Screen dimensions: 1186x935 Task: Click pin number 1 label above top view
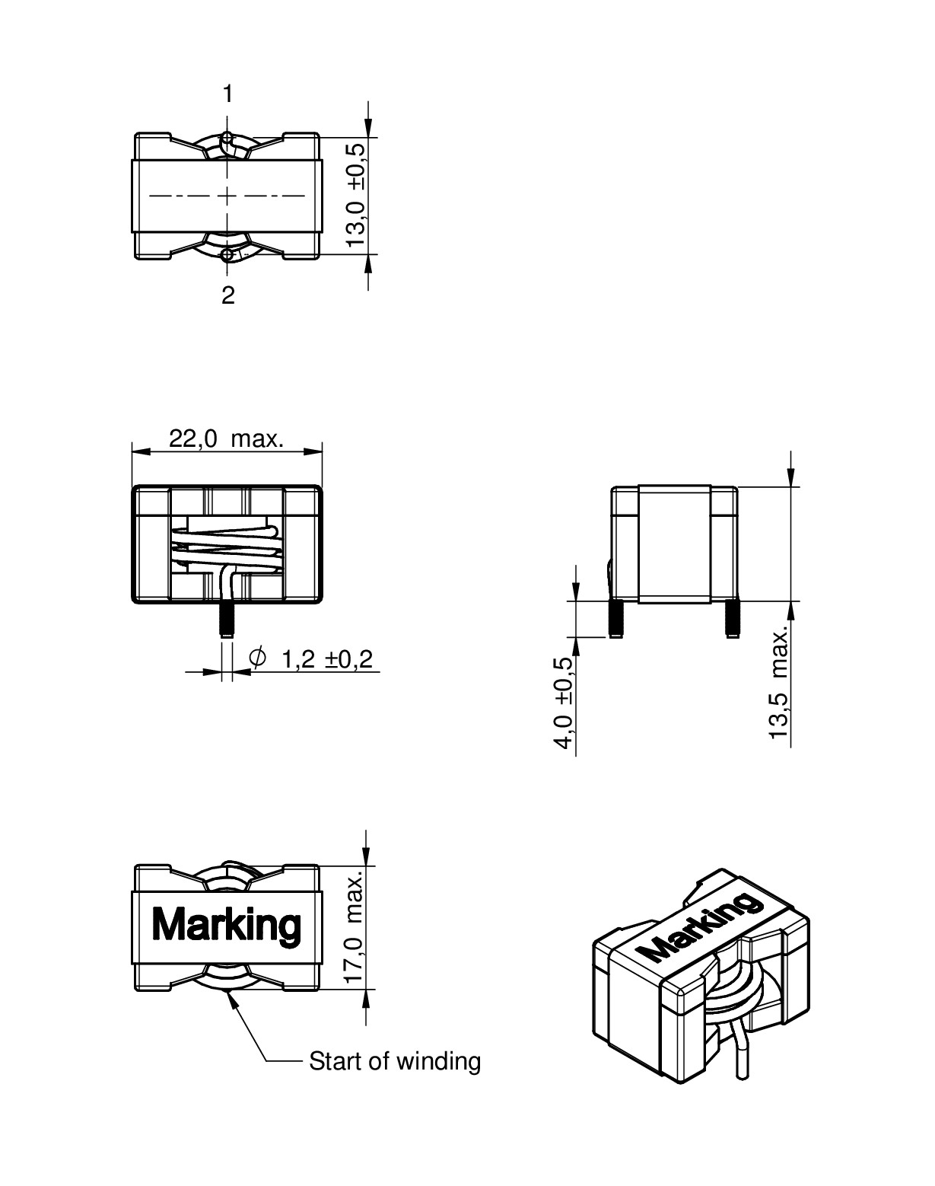coord(227,94)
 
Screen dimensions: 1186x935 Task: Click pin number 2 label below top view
coord(228,296)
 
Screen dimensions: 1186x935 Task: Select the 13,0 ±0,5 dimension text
coord(356,195)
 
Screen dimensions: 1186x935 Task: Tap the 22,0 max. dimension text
coord(227,439)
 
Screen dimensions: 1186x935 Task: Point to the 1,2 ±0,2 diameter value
coord(327,659)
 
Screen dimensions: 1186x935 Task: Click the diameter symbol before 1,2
coord(258,658)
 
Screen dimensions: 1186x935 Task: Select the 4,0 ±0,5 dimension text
coord(564,703)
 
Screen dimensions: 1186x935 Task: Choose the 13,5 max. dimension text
coord(778,684)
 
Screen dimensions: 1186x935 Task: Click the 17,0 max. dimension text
coord(355,926)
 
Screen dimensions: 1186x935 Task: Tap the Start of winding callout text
coord(395,1061)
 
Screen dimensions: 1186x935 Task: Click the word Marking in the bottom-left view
coord(227,925)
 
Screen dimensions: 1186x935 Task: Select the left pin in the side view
coord(615,619)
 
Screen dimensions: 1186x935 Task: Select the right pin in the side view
coord(732,619)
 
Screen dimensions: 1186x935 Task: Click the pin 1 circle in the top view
coord(227,139)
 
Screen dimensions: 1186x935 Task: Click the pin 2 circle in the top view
coord(227,254)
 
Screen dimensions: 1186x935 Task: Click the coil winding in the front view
coord(227,545)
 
